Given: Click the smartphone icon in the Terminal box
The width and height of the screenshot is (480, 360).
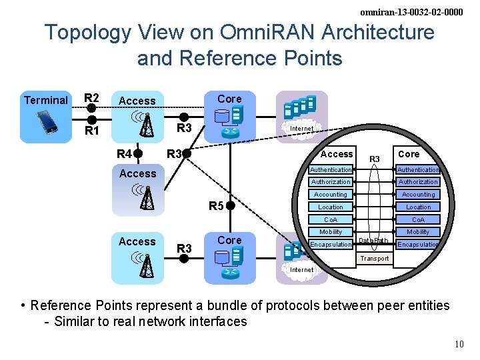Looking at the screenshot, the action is click(47, 122).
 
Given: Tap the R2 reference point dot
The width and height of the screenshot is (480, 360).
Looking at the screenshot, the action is click(91, 108).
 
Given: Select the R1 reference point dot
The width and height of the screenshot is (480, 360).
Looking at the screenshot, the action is click(92, 120).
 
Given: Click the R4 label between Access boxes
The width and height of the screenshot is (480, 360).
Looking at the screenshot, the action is click(124, 154).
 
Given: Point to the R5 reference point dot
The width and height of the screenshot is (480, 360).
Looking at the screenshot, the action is click(231, 206).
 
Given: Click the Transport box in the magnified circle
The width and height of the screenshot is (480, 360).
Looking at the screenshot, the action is click(375, 259).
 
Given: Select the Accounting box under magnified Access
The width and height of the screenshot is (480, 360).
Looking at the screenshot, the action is click(331, 195).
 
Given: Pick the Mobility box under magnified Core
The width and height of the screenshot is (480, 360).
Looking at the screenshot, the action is click(418, 232).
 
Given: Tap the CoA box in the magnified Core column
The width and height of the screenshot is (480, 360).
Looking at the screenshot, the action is click(418, 219).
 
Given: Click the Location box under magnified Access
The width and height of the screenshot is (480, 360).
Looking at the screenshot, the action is click(331, 207).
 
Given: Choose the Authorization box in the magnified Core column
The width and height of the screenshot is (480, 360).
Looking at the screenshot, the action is click(418, 182).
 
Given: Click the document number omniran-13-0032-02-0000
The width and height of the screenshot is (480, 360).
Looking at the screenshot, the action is click(411, 12).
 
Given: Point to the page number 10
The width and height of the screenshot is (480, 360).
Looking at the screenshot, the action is click(459, 344).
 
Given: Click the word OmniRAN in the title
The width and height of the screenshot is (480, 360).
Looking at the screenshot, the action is click(267, 31).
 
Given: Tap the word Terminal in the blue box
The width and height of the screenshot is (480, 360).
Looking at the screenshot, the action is click(46, 100).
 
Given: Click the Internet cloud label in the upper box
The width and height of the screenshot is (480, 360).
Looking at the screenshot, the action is click(301, 128).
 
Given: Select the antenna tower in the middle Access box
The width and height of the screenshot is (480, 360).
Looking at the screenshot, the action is click(147, 198).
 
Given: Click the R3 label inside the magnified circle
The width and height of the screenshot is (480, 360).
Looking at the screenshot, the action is click(375, 159).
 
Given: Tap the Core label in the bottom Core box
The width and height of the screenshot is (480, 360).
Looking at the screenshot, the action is click(229, 240).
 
